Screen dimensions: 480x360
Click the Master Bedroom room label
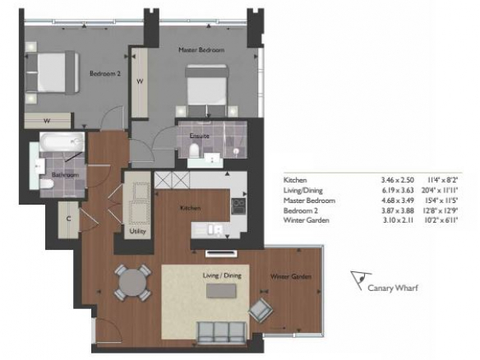pos(201,49)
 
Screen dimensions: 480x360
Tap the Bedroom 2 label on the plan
pos(104,73)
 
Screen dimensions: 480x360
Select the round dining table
pos(132,283)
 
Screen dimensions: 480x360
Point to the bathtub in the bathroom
pos(62,142)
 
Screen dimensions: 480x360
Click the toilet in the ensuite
pos(194,150)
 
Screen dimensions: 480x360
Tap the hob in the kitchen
pos(238,206)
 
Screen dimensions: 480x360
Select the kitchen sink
pos(215,230)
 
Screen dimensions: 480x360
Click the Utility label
pos(137,231)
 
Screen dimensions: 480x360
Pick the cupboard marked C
pos(68,219)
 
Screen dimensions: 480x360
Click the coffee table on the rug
pos(221,290)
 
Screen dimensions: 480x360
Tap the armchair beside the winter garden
pos(261,310)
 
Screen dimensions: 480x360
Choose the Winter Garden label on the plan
pos(290,277)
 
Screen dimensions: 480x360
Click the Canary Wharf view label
pos(393,288)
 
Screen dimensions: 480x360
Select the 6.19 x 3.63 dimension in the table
pos(397,191)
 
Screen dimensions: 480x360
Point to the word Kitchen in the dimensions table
pos(295,180)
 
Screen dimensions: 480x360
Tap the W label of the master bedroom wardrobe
pos(140,81)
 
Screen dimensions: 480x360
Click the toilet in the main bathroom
pos(47,184)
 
